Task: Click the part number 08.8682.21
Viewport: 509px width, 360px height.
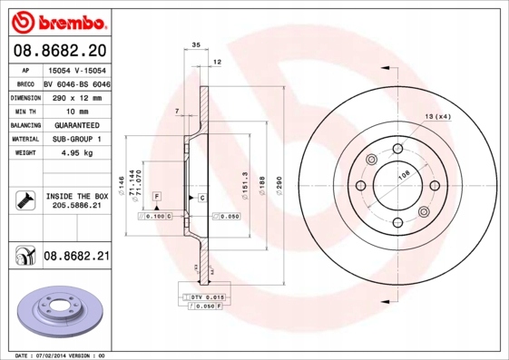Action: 76,257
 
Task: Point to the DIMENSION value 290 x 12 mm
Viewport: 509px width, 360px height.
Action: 76,96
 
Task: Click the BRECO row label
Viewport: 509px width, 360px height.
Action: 25,82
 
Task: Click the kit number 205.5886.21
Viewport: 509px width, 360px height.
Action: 76,207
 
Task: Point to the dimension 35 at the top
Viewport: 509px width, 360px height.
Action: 195,44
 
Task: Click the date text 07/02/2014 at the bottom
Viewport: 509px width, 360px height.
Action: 62,355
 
